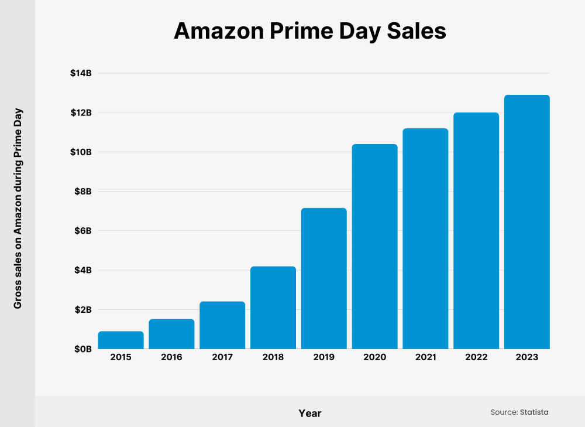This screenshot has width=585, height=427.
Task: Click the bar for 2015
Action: tap(121, 340)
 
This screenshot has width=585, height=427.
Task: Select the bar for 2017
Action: tap(222, 325)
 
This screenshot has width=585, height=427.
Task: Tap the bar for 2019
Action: tap(324, 278)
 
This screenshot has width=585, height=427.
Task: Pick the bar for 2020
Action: tap(374, 246)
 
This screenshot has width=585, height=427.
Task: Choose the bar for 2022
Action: tap(476, 231)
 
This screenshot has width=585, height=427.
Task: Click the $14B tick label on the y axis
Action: tap(81, 73)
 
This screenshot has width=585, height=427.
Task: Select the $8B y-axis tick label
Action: tap(83, 192)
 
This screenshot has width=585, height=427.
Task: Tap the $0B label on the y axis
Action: tap(83, 349)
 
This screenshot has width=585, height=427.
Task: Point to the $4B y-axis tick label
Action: tap(83, 270)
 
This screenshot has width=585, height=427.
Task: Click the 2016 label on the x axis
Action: tap(171, 357)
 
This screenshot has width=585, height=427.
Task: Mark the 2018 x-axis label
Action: tap(273, 357)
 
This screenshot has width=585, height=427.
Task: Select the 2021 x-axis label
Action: tap(425, 357)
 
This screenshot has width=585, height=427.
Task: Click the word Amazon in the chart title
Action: tap(217, 31)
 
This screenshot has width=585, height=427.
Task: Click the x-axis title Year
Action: tap(310, 413)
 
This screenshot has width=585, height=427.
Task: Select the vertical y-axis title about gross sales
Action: tap(18, 209)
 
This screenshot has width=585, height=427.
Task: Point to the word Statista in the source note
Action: tap(534, 412)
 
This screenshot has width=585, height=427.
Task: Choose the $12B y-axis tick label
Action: tap(81, 112)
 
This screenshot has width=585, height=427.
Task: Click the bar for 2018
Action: tap(273, 308)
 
